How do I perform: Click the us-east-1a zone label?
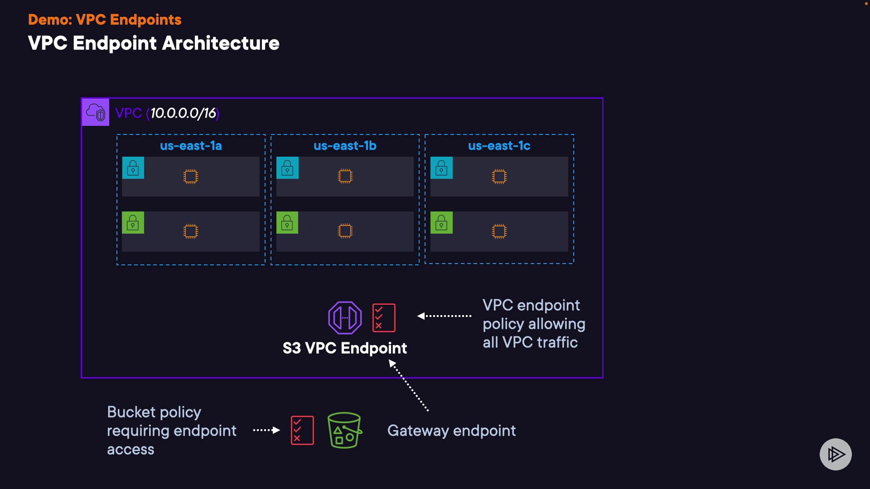(191, 146)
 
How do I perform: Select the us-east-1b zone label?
(345, 146)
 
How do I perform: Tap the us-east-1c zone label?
(499, 146)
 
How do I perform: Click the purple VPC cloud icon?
(96, 112)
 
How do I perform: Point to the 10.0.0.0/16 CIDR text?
(183, 113)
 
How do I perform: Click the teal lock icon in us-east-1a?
(133, 168)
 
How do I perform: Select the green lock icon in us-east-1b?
(287, 223)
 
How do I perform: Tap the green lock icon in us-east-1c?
(441, 223)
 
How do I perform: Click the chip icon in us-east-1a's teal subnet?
(191, 176)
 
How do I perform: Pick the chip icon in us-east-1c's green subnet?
(499, 231)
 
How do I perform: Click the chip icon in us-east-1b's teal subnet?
(345, 176)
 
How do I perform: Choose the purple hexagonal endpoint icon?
(345, 317)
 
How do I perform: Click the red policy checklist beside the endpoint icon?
(384, 317)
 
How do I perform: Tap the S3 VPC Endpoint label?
(345, 348)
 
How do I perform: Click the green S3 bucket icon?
(344, 430)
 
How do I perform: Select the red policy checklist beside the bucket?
(302, 430)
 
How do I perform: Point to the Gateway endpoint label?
(451, 431)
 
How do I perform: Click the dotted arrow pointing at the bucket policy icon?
(266, 430)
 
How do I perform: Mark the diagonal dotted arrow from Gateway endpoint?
(409, 385)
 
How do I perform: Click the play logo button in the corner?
(836, 454)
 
